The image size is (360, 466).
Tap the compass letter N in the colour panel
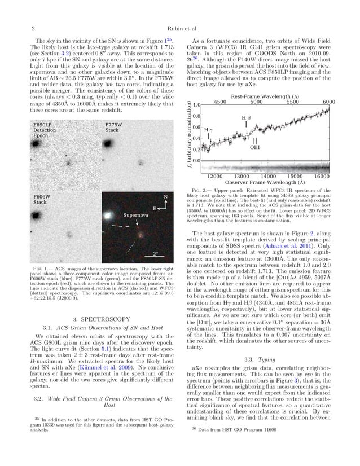tap(165, 197)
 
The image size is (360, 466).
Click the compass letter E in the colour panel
tap(154, 209)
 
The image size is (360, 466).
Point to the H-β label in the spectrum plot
tap(247, 118)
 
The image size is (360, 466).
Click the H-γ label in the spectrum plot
tap(208, 130)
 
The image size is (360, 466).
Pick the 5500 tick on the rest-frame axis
tap(292, 102)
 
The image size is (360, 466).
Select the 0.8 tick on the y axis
tap(197, 116)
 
